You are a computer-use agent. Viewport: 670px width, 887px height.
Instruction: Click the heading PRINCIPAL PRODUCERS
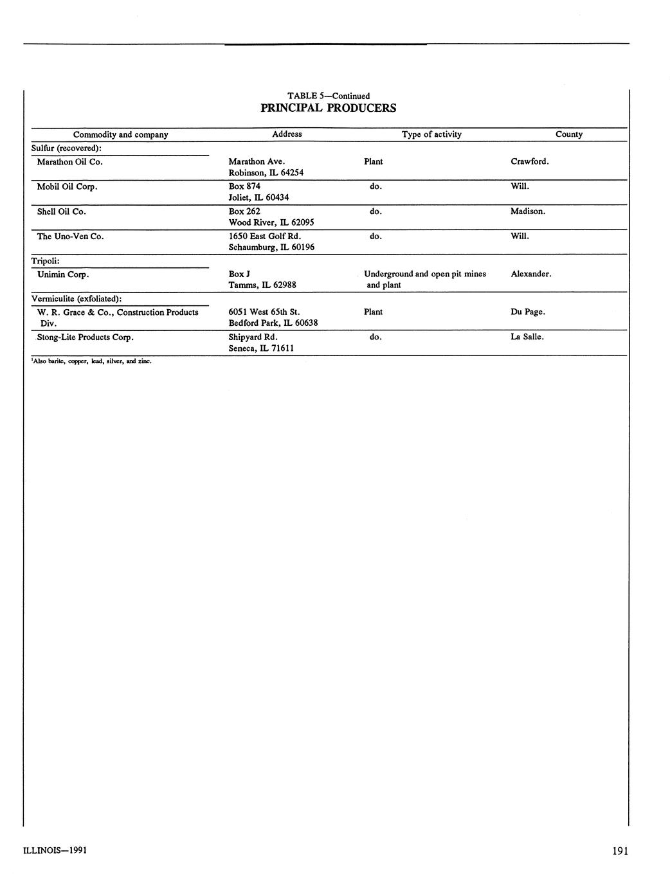click(328, 108)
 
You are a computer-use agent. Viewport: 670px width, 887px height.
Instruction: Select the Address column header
click(287, 134)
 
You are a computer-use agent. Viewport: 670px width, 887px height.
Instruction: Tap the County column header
click(568, 134)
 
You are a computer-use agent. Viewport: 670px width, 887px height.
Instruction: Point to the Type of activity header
click(431, 134)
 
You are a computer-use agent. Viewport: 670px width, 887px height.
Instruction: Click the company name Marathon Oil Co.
click(70, 162)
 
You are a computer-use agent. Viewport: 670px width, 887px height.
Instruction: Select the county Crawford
click(529, 161)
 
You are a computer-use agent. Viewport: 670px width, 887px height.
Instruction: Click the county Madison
click(527, 211)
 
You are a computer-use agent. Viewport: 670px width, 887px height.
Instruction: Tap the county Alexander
click(530, 274)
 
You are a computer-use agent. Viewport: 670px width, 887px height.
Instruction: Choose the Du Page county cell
click(527, 312)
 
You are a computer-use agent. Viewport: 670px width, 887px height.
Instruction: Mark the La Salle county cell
click(527, 337)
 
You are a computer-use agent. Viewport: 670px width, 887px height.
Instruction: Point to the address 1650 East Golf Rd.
click(265, 237)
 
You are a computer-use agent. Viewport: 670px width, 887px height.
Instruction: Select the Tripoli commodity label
click(46, 261)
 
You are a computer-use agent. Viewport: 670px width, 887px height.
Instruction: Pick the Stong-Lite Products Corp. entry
click(85, 337)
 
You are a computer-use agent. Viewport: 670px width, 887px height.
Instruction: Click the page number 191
click(620, 852)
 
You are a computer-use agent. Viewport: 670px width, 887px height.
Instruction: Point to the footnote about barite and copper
click(91, 361)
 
